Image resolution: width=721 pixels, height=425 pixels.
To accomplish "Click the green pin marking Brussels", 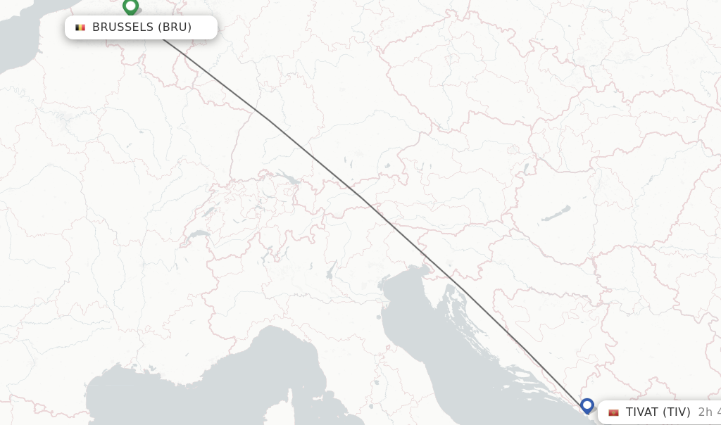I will coord(130,7).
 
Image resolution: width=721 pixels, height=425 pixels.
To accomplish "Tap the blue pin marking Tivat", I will coord(587,405).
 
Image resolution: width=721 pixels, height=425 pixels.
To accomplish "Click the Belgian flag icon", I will coord(80,27).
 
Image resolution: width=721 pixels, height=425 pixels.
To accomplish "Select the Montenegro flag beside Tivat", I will coord(613,412).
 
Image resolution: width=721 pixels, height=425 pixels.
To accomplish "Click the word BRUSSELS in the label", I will coord(123,27).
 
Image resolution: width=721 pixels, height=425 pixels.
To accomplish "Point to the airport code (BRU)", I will coord(175,27).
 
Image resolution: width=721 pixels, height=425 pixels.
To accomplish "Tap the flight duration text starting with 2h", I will coord(708,412).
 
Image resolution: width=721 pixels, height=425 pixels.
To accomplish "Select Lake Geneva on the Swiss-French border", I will coord(199,234).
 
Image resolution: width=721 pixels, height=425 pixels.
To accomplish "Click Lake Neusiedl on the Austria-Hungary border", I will coord(527,169).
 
